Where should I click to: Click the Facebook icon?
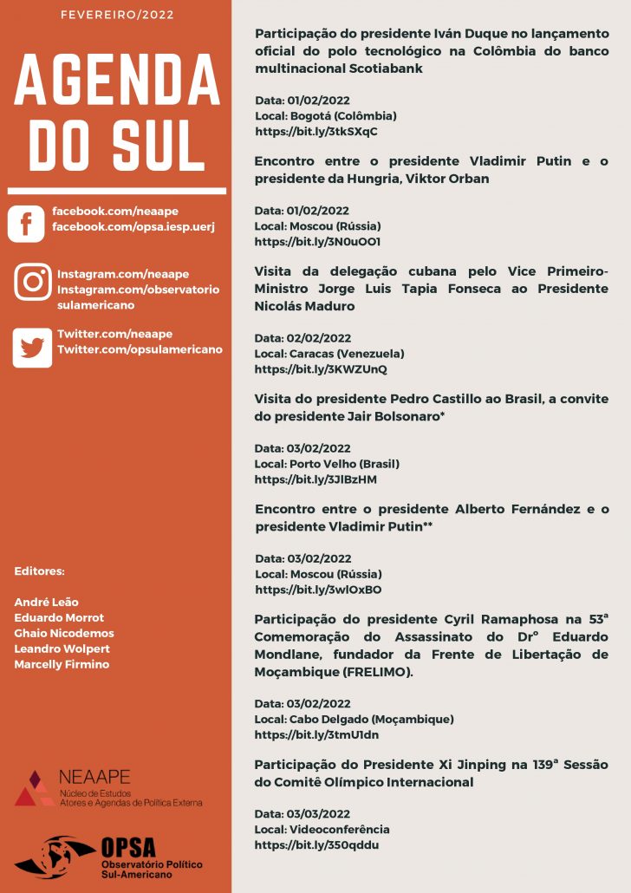[26, 224]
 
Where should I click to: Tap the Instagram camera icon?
[33, 283]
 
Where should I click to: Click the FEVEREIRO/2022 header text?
[117, 15]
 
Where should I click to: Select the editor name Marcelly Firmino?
[62, 664]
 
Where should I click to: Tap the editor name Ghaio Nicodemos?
[64, 633]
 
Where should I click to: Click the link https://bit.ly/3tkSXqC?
[316, 132]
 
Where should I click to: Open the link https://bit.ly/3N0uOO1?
[317, 242]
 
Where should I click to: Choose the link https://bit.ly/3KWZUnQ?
[321, 369]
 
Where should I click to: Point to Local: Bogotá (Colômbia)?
[326, 116]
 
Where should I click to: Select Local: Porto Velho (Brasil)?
[327, 464]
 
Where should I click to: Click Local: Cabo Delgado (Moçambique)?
[355, 719]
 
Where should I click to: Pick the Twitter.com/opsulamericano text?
[140, 349]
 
